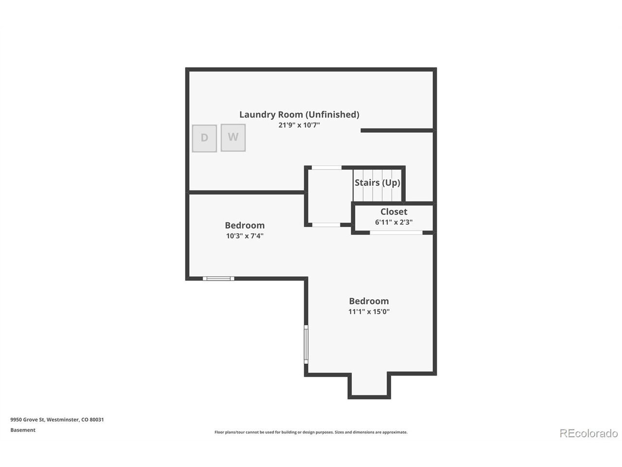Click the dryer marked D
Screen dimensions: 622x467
coord(204,138)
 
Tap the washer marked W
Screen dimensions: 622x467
coord(233,138)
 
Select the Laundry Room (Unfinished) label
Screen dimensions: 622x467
coord(299,114)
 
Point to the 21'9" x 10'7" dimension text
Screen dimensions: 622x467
coord(299,125)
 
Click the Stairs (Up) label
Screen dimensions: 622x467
coord(377,182)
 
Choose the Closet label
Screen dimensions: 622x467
coord(394,212)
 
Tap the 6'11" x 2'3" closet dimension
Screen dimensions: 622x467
coord(394,222)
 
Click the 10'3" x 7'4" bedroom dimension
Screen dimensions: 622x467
coord(244,236)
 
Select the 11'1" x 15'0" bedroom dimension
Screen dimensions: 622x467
coord(369,312)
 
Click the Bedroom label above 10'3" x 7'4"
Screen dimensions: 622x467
coord(244,225)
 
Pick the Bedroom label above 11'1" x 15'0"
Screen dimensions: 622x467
coord(369,301)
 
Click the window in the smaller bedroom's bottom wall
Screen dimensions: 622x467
coord(218,278)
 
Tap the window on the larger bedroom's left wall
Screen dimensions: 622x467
coord(306,344)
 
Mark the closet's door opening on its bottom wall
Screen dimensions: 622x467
coord(396,233)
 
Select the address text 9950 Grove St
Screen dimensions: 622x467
coord(28,420)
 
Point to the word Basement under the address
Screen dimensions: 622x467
coord(23,430)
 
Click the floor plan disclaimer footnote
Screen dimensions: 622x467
coord(311,432)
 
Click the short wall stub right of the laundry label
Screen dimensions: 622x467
coord(397,130)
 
